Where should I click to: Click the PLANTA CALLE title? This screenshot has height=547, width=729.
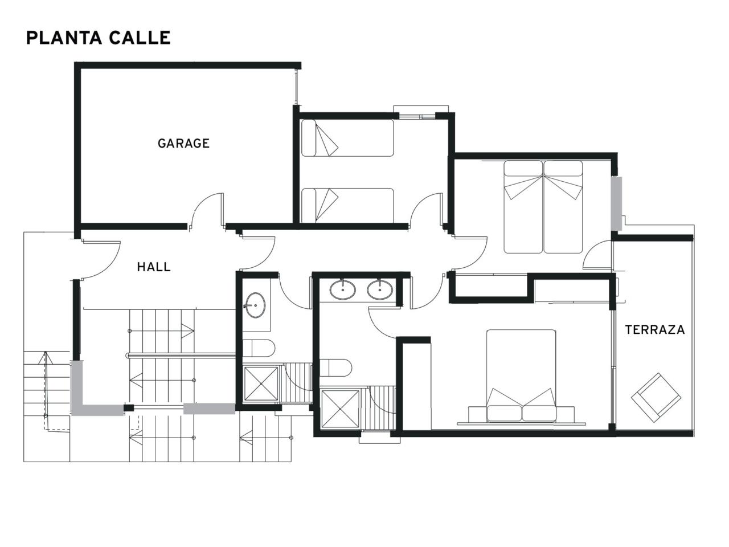coord(99,38)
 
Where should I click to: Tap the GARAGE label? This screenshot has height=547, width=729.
coord(183,144)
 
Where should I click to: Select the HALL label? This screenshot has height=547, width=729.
coord(154,267)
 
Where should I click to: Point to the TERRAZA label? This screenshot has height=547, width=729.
coord(655,330)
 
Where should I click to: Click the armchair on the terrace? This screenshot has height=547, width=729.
coord(656,398)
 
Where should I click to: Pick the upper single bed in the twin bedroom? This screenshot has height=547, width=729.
coord(347,138)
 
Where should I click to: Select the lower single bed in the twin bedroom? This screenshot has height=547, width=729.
coord(347,206)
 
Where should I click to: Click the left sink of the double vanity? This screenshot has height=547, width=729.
coord(343,290)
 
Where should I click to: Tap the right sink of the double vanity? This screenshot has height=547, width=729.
coord(380,290)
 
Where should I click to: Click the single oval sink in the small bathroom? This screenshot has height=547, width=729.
coord(255,305)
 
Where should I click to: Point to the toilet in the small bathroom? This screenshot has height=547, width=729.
coord(259,348)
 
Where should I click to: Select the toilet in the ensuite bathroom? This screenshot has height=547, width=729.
coord(335,368)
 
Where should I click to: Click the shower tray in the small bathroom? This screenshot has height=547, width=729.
coord(261,383)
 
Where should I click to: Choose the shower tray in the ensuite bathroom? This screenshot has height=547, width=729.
coord(341,409)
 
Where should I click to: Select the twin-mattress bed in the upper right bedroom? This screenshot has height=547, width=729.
coord(543,207)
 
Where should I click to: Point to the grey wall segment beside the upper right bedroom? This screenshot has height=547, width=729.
coord(617,203)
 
